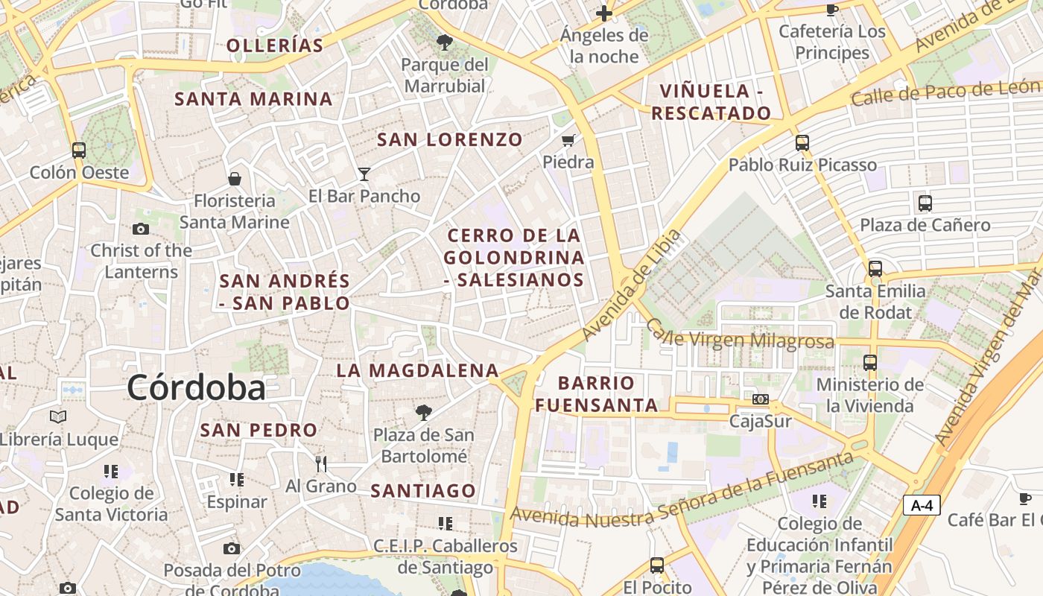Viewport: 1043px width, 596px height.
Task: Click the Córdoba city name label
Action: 196,387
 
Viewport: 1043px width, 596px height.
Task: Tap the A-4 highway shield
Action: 922,505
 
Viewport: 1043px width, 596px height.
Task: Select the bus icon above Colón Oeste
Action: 79,150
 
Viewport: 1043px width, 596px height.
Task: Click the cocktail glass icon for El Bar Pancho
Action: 364,174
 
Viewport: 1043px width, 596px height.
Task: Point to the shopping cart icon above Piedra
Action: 568,140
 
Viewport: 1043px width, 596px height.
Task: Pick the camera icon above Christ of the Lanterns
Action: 140,229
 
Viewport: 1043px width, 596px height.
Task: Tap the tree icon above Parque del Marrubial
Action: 445,42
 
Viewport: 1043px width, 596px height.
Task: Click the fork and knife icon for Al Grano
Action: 321,464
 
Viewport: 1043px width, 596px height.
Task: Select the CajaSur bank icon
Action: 760,400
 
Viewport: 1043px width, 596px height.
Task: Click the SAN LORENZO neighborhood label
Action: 450,139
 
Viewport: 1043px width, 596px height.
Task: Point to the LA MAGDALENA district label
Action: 417,370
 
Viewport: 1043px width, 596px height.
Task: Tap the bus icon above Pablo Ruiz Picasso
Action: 802,142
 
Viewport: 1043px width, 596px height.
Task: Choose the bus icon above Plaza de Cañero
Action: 925,203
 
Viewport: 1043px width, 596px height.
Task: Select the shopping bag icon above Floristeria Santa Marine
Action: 235,179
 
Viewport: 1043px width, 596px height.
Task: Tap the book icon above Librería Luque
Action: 58,416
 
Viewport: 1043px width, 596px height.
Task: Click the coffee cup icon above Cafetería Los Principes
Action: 831,10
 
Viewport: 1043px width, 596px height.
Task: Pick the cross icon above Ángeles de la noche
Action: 603,13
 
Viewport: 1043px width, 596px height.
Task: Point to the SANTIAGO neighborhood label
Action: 423,490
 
